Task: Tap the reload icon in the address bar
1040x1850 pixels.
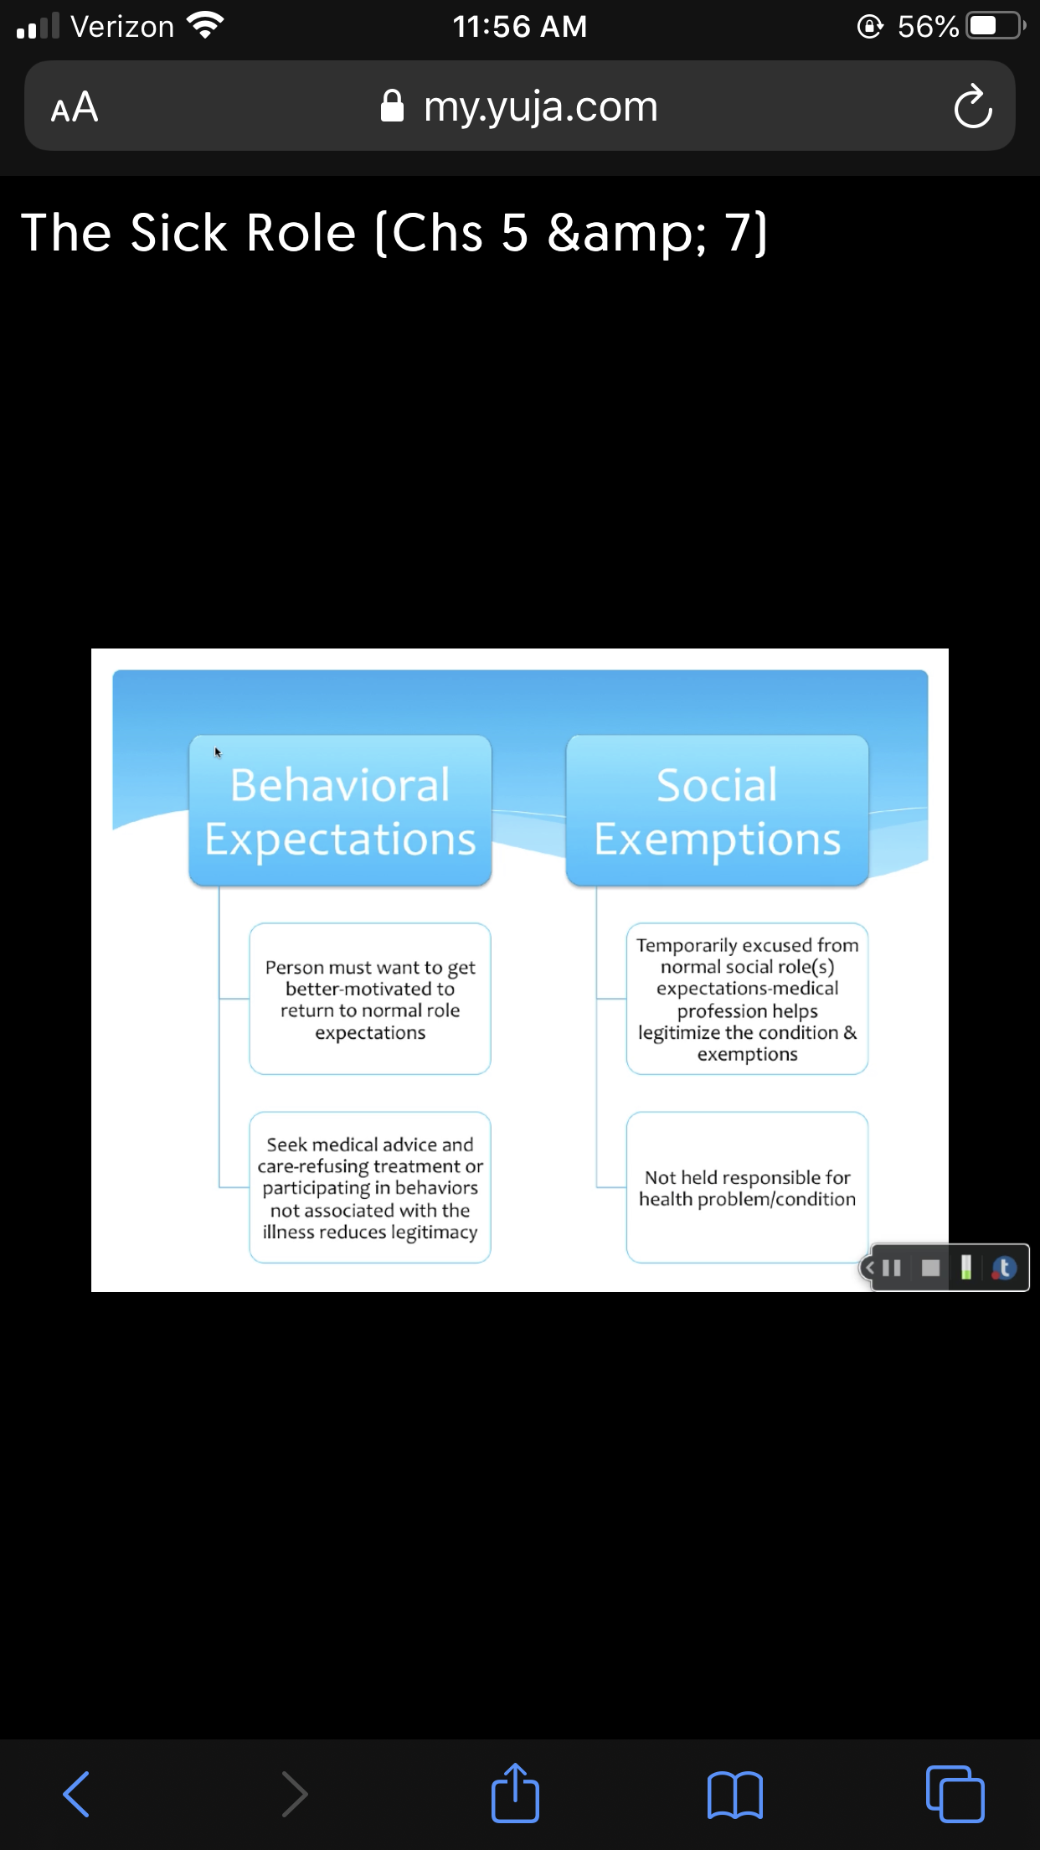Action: point(972,106)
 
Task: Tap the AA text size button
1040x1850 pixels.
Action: point(75,107)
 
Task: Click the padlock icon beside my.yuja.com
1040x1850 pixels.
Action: point(392,106)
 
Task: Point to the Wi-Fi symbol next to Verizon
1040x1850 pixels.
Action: point(205,26)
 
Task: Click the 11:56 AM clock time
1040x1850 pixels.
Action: point(520,27)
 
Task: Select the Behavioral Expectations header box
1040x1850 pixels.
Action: point(340,810)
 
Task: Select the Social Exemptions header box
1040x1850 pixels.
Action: point(717,810)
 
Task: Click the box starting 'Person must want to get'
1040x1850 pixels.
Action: point(370,999)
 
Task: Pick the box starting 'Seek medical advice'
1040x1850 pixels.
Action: point(370,1187)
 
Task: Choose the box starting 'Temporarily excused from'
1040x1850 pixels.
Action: point(747,999)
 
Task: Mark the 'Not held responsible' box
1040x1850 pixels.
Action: point(747,1187)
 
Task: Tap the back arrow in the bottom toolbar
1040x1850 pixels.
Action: point(76,1794)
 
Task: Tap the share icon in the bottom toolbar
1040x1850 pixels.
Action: point(515,1792)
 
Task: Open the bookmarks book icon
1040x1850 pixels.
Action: point(735,1795)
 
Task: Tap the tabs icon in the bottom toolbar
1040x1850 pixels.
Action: point(955,1794)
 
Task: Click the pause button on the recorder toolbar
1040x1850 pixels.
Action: point(892,1268)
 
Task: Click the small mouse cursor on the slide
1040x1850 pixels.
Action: point(218,752)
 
